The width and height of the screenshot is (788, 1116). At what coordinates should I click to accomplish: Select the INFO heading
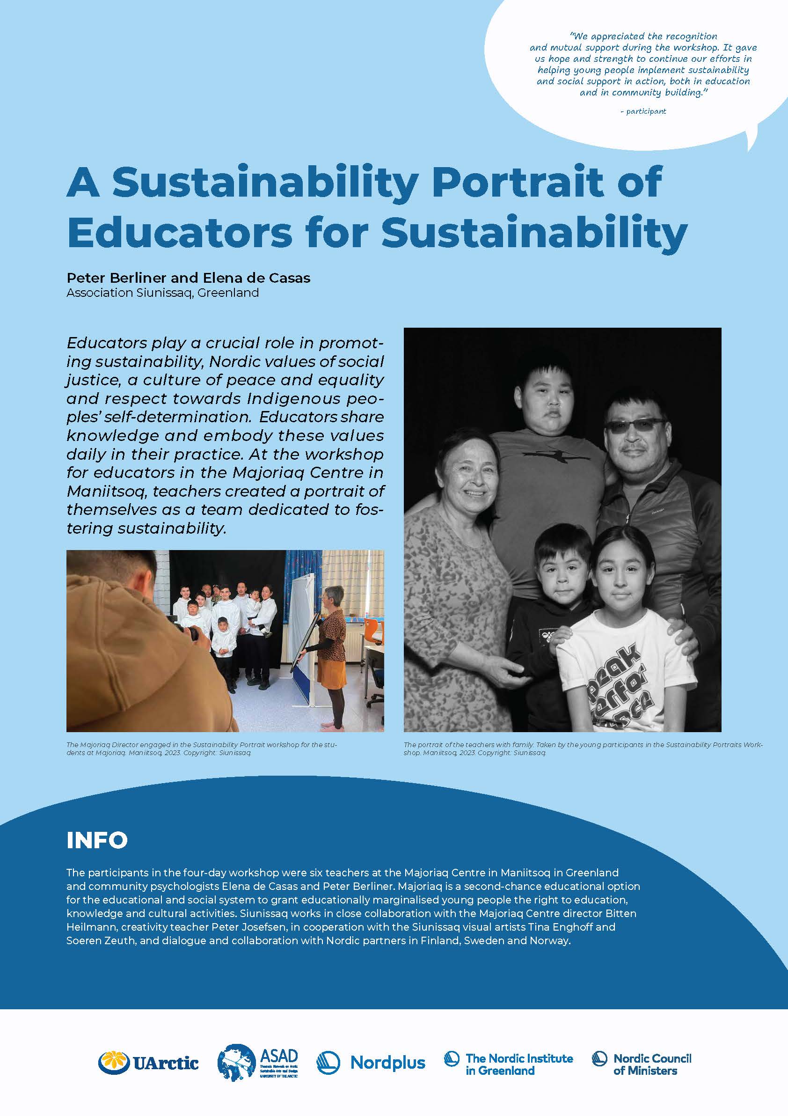point(97,840)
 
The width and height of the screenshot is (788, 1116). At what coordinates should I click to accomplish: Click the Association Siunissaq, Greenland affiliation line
point(162,293)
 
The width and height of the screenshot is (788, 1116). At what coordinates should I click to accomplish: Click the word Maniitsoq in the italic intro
point(107,492)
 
